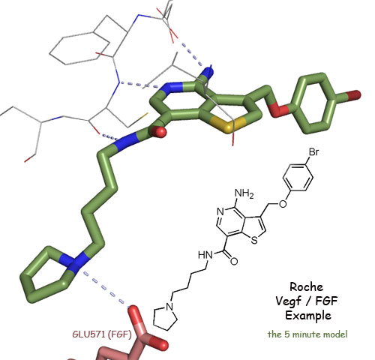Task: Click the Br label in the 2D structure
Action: tap(313, 151)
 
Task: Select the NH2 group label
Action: tap(244, 193)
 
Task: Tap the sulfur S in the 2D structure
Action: tap(254, 241)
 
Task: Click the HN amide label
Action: tap(205, 255)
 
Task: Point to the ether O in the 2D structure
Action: tap(283, 204)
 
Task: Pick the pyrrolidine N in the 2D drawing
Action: tap(170, 307)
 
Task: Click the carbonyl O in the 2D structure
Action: tap(234, 261)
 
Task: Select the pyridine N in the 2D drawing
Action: tap(220, 212)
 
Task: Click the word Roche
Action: tap(306, 286)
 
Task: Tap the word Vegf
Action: tap(288, 301)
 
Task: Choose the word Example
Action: tap(308, 316)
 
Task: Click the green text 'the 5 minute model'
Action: tap(307, 334)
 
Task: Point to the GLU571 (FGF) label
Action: tap(102, 334)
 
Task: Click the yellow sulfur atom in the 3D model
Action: tap(227, 125)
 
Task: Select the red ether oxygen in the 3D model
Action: tap(278, 109)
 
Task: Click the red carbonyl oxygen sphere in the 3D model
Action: tap(159, 131)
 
